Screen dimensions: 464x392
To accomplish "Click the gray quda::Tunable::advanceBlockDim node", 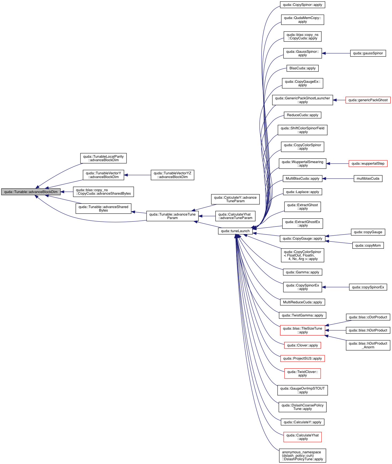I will point(31,192).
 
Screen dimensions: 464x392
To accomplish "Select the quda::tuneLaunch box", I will point(235,231).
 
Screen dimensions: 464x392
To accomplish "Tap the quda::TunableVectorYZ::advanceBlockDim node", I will point(172,175).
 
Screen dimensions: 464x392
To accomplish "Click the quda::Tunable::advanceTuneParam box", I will point(172,216).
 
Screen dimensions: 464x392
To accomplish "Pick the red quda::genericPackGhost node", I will point(368,100).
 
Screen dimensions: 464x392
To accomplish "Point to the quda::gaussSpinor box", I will point(368,53).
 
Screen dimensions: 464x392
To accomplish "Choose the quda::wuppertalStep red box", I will point(368,164).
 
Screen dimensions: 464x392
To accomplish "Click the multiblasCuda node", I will point(368,179).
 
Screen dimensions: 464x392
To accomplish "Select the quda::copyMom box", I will point(368,246).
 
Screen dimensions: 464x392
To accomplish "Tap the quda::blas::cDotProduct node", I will point(368,317).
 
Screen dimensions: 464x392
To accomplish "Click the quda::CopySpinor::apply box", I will point(303,5).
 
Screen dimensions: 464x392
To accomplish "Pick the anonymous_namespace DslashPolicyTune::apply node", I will point(303,456).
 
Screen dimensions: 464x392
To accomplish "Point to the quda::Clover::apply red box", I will point(303,345).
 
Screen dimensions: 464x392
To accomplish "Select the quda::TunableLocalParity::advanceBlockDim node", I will point(103,158).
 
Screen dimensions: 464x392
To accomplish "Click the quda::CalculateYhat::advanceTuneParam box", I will point(235,216).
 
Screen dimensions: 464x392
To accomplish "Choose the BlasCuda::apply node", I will point(303,68).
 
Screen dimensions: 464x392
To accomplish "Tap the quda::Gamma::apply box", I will point(303,272).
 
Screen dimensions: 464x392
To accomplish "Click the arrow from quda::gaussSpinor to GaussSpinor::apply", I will point(336,53).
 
